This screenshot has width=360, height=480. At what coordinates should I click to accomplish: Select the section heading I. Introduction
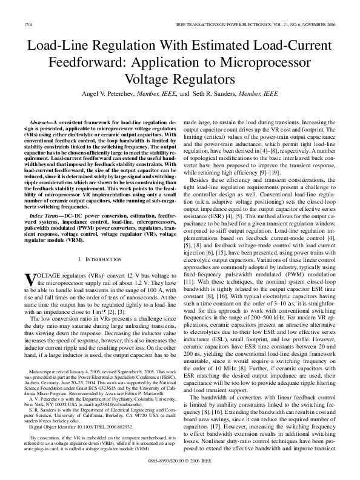pos(97,259)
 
